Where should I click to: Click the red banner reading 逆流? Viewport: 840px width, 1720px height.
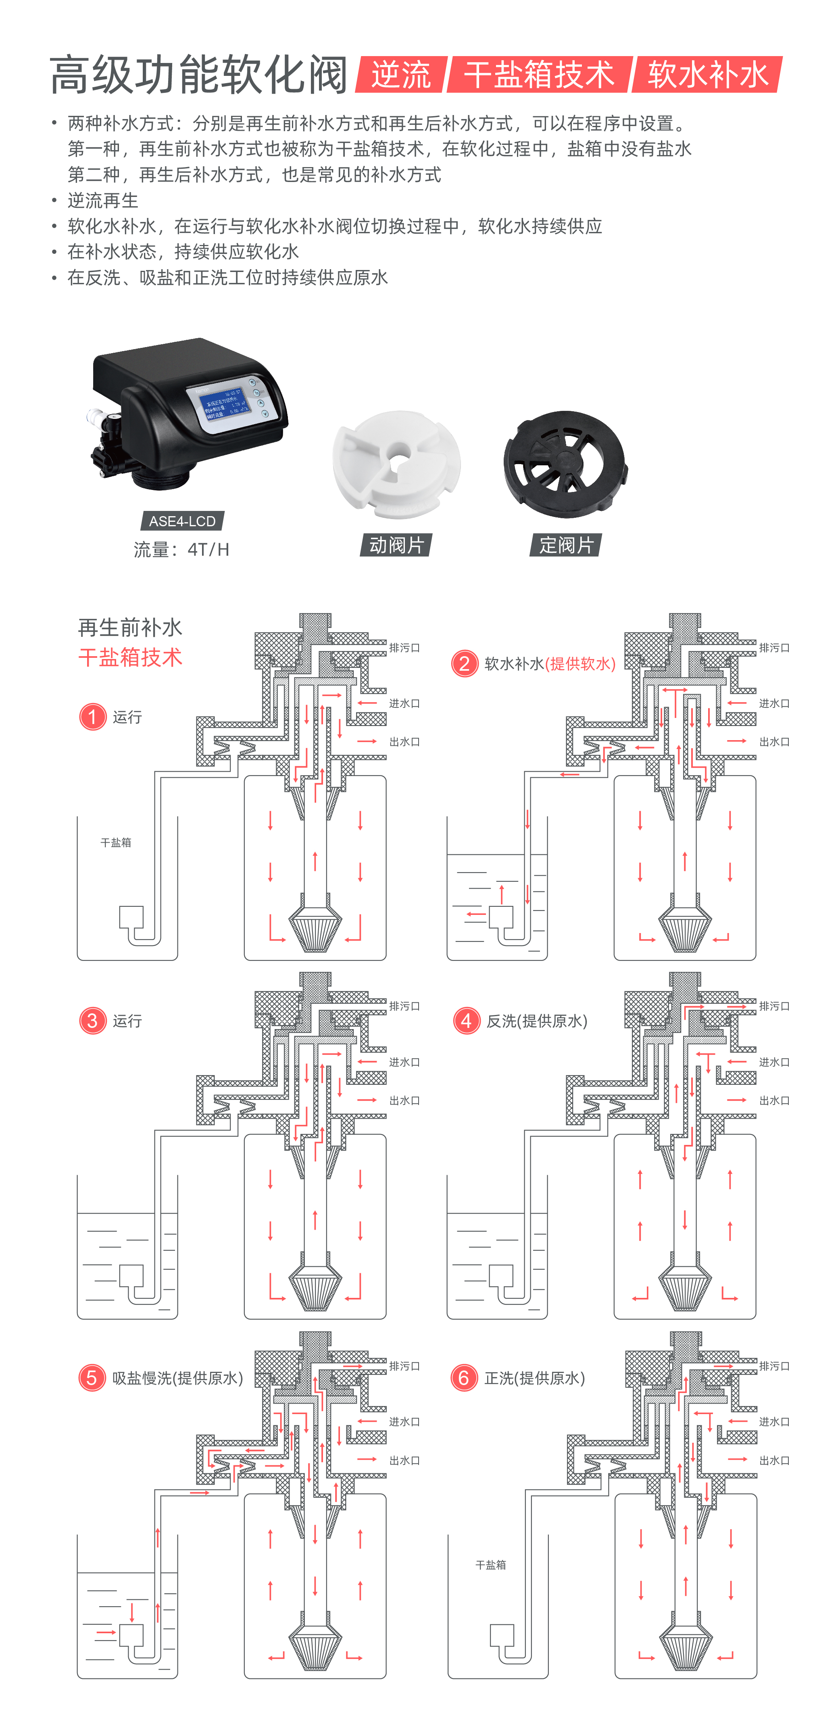[401, 74]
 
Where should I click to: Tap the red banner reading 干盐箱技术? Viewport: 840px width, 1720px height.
[539, 74]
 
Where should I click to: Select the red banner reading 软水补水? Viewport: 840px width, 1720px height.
[707, 74]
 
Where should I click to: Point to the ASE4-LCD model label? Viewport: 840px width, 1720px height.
[182, 521]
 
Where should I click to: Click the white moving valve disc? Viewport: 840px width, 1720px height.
[397, 463]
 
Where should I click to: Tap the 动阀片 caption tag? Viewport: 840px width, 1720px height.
[396, 545]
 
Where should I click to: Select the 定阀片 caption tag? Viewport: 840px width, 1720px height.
[566, 545]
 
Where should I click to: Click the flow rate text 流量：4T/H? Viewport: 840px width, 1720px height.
[181, 550]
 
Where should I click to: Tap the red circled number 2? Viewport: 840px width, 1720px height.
[465, 664]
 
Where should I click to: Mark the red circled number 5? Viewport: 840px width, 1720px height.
[92, 1377]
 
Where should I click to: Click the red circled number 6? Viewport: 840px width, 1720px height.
[464, 1377]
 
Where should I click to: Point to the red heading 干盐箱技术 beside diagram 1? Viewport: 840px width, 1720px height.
[130, 658]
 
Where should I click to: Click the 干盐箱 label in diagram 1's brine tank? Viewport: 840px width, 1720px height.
[115, 843]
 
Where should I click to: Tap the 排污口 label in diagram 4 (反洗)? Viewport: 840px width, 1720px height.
[774, 1006]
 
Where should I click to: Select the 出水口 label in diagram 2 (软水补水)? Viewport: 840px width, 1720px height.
[774, 742]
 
